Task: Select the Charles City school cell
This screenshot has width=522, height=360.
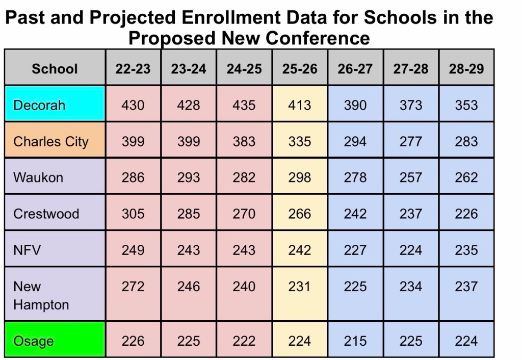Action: tap(51, 141)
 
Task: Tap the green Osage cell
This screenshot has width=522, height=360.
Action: tap(34, 341)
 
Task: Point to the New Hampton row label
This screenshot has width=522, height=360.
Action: tap(41, 296)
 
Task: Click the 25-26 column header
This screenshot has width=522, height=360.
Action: tap(299, 69)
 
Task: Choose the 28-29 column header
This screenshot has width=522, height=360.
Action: tap(466, 69)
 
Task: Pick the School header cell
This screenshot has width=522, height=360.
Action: tap(55, 69)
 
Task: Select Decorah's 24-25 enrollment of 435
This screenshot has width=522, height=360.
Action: tap(244, 105)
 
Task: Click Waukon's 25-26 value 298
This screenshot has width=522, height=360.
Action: tap(299, 177)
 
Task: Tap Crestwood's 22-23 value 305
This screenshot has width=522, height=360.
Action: tap(133, 214)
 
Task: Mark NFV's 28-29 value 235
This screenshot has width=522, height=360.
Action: tap(466, 250)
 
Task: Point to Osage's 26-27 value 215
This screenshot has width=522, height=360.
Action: tap(355, 341)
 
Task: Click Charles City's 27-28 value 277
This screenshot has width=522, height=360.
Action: tap(410, 141)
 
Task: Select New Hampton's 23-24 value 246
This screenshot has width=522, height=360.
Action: tap(189, 287)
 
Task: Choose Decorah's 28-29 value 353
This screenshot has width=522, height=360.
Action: tap(466, 105)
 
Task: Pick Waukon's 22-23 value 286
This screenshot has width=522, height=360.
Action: tap(133, 177)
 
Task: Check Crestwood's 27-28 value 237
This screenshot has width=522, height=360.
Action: tap(410, 214)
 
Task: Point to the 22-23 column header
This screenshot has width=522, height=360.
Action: tap(133, 69)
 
